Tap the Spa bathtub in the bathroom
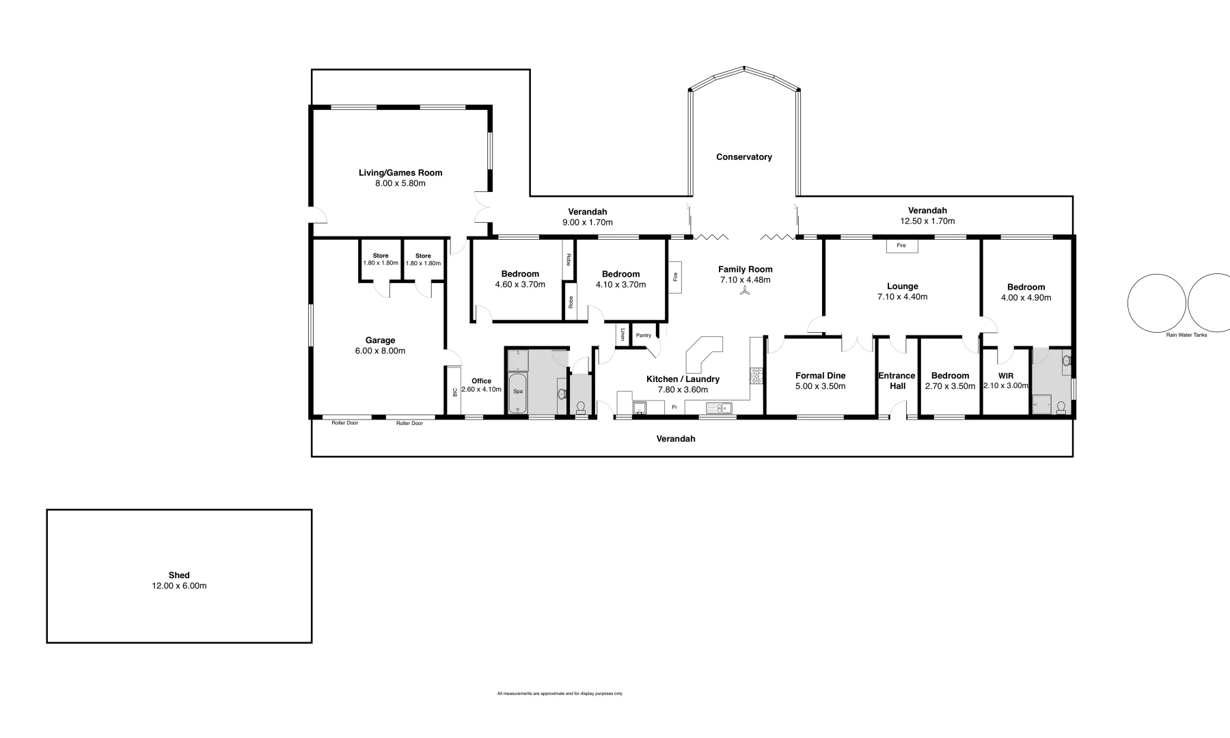518,392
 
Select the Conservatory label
744,157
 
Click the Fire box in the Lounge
901,245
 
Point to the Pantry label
644,336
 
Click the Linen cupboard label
623,335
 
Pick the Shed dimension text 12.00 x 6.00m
179,586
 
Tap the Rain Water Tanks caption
1186,335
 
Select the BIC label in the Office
454,392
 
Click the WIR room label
1006,376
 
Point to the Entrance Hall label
897,381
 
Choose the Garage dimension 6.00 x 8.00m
380,351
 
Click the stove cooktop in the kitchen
756,375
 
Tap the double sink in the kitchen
719,408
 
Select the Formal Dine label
820,376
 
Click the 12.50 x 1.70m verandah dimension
927,221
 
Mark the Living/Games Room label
400,173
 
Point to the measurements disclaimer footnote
560,694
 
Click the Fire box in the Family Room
675,277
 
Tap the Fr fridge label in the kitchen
674,407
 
